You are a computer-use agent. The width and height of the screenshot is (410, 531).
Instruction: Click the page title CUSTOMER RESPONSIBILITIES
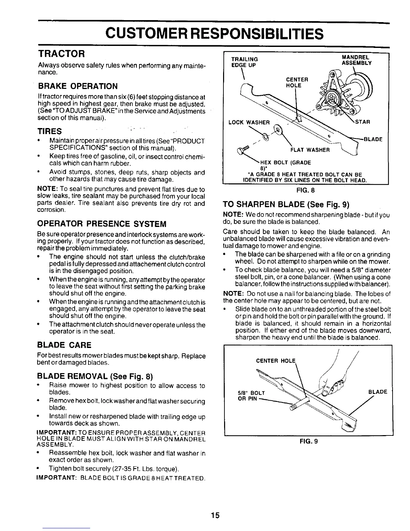tap(214, 34)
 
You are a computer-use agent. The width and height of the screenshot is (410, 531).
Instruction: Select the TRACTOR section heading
tap(63, 54)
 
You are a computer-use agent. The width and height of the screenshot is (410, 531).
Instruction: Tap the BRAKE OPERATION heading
tap(78, 86)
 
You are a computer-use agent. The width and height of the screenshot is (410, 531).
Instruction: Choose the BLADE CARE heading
tap(64, 345)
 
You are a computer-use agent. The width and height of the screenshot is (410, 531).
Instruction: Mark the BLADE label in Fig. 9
tap(378, 392)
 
